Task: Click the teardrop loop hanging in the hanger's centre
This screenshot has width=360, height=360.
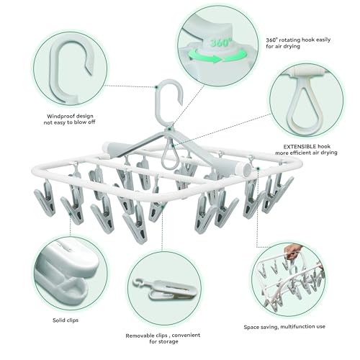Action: tap(170, 155)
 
